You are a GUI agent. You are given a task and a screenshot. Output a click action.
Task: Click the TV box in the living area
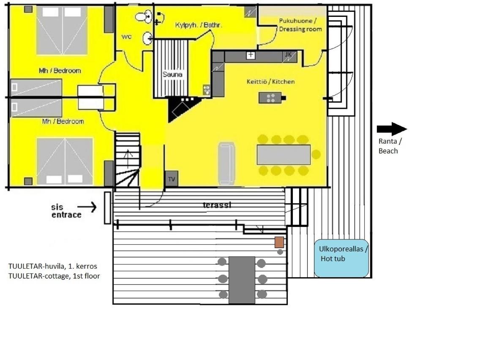click(172, 178)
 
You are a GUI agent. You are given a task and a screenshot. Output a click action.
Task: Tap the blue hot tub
click(341, 258)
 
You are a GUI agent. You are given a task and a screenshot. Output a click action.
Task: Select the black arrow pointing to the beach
click(392, 129)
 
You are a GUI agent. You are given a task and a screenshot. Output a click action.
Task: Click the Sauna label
click(172, 74)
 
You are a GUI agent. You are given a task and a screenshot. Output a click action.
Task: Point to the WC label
click(126, 37)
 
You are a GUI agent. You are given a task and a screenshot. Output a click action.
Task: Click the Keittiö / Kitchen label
click(270, 82)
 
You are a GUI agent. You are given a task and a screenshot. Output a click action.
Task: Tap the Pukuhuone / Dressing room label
click(300, 25)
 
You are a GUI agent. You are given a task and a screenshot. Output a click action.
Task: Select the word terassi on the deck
click(217, 205)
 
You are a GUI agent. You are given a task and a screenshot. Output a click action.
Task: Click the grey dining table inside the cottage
click(284, 155)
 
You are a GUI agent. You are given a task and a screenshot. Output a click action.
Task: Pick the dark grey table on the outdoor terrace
click(242, 280)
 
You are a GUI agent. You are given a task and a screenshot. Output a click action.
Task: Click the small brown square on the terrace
click(279, 242)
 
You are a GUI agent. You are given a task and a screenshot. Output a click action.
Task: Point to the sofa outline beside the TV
click(226, 164)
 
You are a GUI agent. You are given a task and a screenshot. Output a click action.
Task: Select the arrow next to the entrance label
click(87, 207)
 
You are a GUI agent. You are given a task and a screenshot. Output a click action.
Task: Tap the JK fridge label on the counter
click(288, 55)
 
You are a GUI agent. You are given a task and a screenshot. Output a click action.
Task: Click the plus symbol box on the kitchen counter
click(251, 55)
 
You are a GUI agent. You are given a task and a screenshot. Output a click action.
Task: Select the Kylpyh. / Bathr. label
click(198, 25)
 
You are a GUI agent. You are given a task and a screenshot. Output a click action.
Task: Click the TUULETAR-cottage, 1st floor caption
click(54, 276)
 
